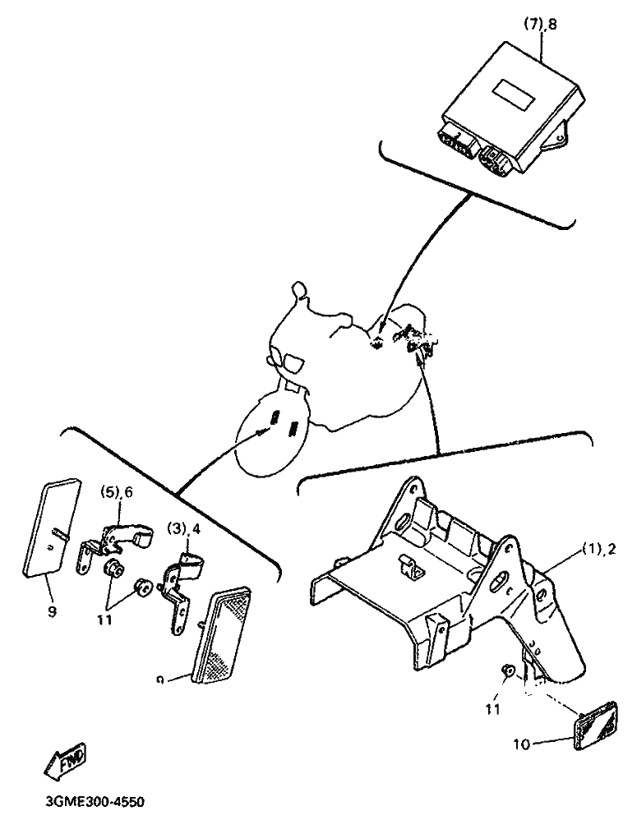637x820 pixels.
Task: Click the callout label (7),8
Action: (x=540, y=25)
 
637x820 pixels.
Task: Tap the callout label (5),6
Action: (x=117, y=492)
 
